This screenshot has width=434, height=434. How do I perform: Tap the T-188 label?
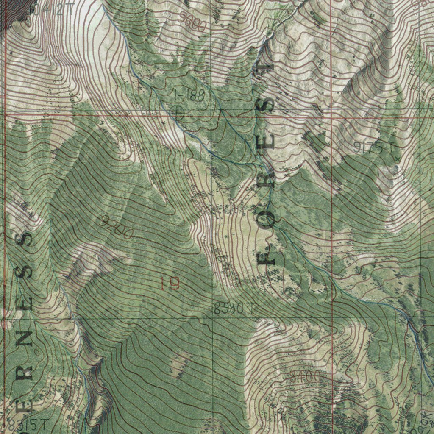pyautogui.click(x=189, y=96)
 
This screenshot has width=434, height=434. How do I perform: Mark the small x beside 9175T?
pyautogui.click(x=397, y=159)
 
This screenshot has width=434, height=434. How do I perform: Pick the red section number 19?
pyautogui.click(x=170, y=283)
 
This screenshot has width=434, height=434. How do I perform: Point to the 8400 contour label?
pyautogui.click(x=305, y=376)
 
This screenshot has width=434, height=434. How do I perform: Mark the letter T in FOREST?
pyautogui.click(x=266, y=72)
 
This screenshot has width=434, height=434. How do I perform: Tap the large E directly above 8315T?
pyautogui.click(x=25, y=406)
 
